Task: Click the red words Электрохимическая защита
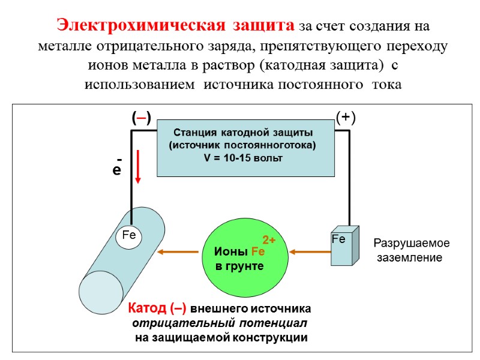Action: pos(175,25)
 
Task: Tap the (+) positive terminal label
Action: pos(346,118)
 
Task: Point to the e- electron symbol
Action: pos(118,169)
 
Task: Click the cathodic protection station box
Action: pos(245,147)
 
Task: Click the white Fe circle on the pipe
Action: pos(129,236)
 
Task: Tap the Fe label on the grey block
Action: pos(338,239)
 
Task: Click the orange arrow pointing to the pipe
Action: pos(178,252)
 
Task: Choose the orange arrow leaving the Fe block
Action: pos(309,252)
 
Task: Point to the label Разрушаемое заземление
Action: pos(411,250)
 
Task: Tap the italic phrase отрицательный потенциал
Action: pos(218,323)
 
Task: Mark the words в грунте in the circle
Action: pos(239,265)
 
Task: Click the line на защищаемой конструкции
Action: pos(221,338)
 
